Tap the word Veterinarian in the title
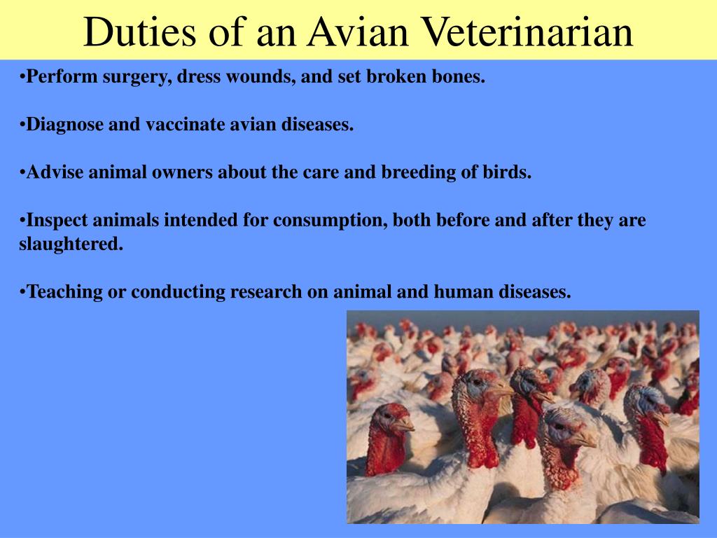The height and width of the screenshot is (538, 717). coord(529,32)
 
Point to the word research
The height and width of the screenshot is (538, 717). coord(270,292)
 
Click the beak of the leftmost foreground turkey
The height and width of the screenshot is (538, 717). coord(405,425)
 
